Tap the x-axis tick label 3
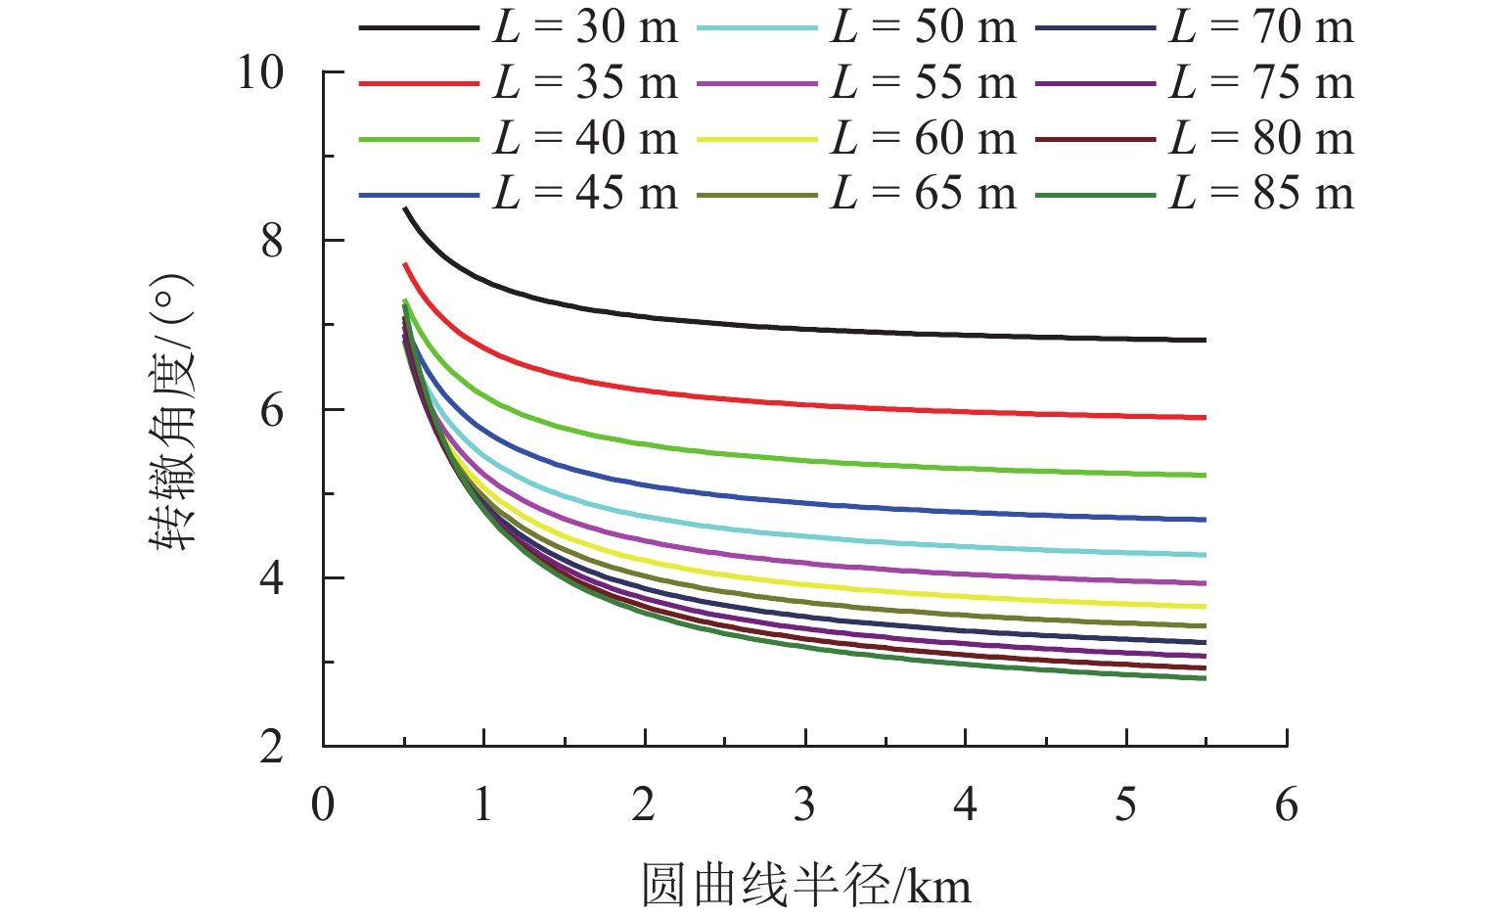pos(804,804)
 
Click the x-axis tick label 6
pos(1287,804)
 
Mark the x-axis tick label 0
pos(323,804)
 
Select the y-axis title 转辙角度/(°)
pos(174,411)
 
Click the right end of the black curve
pos(1206,340)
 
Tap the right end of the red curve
pos(1206,418)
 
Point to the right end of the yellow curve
pos(1206,607)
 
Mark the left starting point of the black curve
pos(405,208)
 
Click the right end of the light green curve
pos(1206,476)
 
